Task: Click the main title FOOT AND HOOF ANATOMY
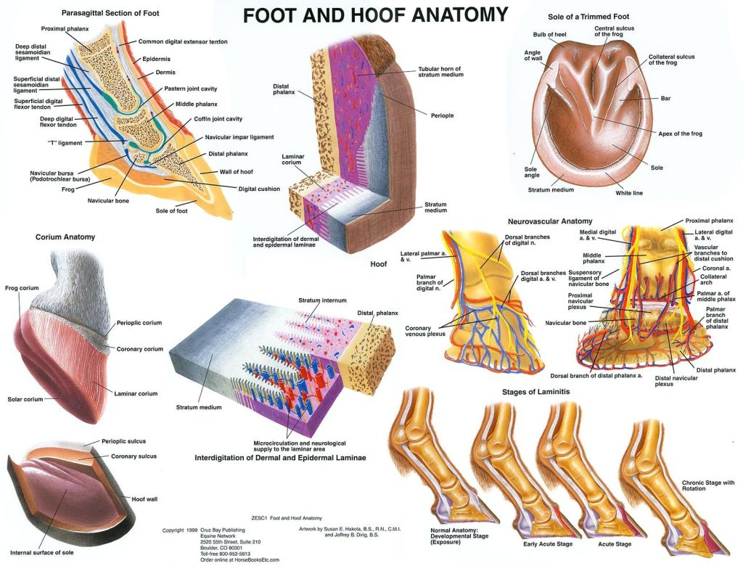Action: click(374, 15)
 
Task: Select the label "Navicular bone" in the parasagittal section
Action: click(108, 200)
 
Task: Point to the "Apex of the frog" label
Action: click(679, 134)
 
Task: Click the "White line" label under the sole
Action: click(628, 193)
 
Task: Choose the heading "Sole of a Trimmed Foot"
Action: click(599, 16)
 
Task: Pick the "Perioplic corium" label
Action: click(139, 323)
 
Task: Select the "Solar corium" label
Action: click(24, 399)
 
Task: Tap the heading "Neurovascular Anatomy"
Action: click(551, 221)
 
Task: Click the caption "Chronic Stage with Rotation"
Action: click(708, 486)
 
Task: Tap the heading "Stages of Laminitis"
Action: click(536, 392)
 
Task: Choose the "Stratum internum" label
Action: click(322, 300)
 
